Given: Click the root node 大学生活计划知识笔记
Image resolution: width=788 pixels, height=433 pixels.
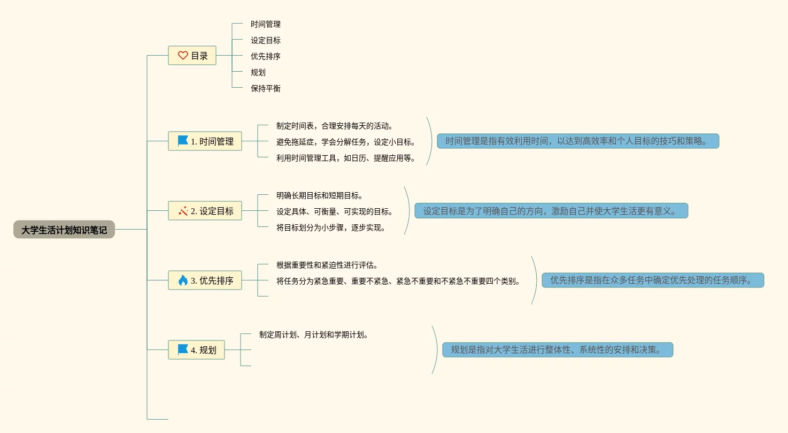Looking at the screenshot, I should pos(64,230).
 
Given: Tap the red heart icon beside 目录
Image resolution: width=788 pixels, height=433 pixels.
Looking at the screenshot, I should pos(183,55).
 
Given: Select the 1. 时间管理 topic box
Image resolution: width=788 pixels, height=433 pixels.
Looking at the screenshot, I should pos(205,141).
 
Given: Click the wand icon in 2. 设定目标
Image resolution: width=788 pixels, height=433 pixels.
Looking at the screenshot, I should pos(183,211).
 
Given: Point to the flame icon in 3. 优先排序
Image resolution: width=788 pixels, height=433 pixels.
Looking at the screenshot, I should pos(183,280).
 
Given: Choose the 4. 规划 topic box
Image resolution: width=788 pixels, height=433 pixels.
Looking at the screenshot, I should pos(196,350).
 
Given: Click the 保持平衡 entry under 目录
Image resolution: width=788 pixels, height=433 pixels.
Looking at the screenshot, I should pos(266,88).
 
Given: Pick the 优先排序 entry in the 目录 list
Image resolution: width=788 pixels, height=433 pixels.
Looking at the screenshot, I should pos(266,56).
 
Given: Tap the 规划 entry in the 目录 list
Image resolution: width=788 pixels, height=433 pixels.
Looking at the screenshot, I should pos(258,72).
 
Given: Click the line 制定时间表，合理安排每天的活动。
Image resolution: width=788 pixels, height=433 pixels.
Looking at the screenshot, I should pos(335,126).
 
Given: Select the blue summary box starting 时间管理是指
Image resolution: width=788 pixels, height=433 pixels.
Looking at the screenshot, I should pos(578,141).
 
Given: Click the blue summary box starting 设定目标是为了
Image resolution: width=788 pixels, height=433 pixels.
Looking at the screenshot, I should pos(551,211).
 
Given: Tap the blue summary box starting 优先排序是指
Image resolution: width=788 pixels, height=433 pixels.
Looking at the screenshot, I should pos(653,280).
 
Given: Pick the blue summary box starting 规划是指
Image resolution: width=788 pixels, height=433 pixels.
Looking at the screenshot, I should pos(558,350).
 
